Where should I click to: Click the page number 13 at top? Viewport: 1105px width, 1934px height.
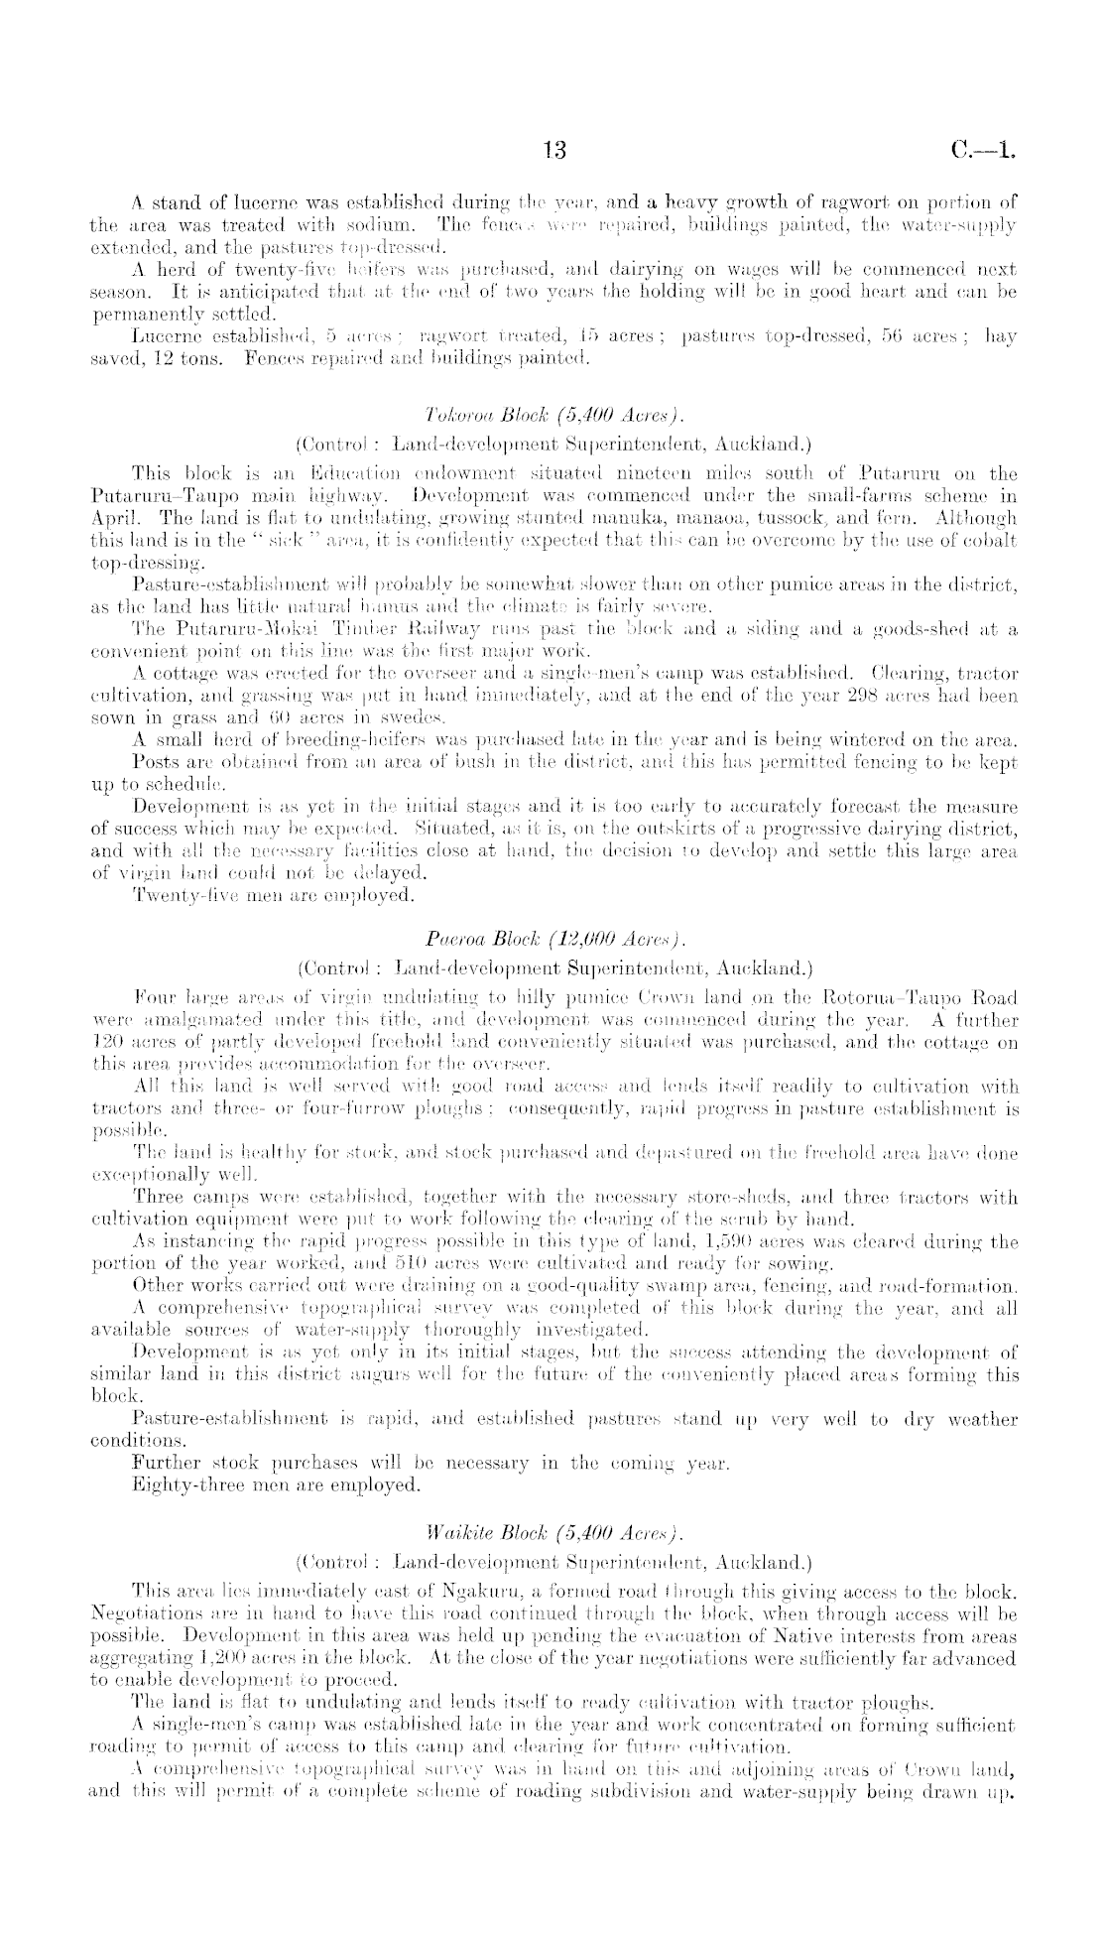(553, 150)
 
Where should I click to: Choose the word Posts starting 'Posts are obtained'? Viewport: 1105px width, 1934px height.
(156, 760)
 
